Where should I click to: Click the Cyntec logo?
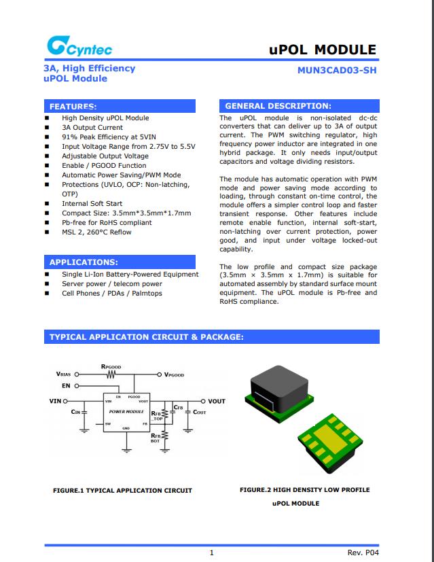coord(79,47)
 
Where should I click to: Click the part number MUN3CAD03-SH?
coord(337,69)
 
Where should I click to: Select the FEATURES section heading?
coord(73,106)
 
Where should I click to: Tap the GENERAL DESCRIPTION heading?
coord(278,106)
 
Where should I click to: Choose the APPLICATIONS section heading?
coord(84,262)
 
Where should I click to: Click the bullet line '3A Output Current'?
coord(92,127)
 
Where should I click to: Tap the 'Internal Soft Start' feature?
coord(92,203)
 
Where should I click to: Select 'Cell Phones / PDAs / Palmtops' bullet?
coord(112,293)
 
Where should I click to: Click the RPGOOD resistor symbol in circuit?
coord(111,374)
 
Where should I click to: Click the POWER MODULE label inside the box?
coord(126,412)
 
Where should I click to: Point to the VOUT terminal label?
coord(216,401)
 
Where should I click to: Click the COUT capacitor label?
coord(200,412)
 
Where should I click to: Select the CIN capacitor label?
coord(76,412)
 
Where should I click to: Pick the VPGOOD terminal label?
coord(175,374)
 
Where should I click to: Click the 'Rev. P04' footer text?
coord(363,553)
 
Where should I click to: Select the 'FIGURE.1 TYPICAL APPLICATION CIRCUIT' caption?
coord(122,490)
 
